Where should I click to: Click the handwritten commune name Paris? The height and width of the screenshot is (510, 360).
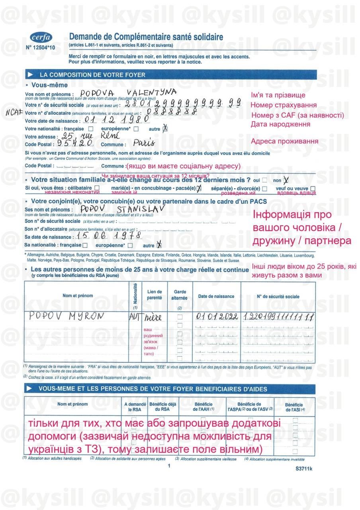[144, 143]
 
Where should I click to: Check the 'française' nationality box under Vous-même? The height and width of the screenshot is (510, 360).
[91, 129]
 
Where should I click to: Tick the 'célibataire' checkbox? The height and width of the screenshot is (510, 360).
[97, 188]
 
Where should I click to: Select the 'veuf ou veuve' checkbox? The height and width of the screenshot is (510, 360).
[313, 188]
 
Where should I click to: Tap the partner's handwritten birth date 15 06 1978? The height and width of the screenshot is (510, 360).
[114, 236]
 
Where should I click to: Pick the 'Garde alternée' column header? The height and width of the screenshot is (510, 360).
[179, 295]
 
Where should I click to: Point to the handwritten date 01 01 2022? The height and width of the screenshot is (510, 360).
[217, 317]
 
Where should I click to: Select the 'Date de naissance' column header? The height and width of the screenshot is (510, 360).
[216, 296]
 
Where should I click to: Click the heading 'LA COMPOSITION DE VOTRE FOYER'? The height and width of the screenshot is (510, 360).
[92, 75]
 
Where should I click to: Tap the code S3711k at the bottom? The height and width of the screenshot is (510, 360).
[304, 469]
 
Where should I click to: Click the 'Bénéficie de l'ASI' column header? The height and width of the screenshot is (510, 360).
[295, 407]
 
